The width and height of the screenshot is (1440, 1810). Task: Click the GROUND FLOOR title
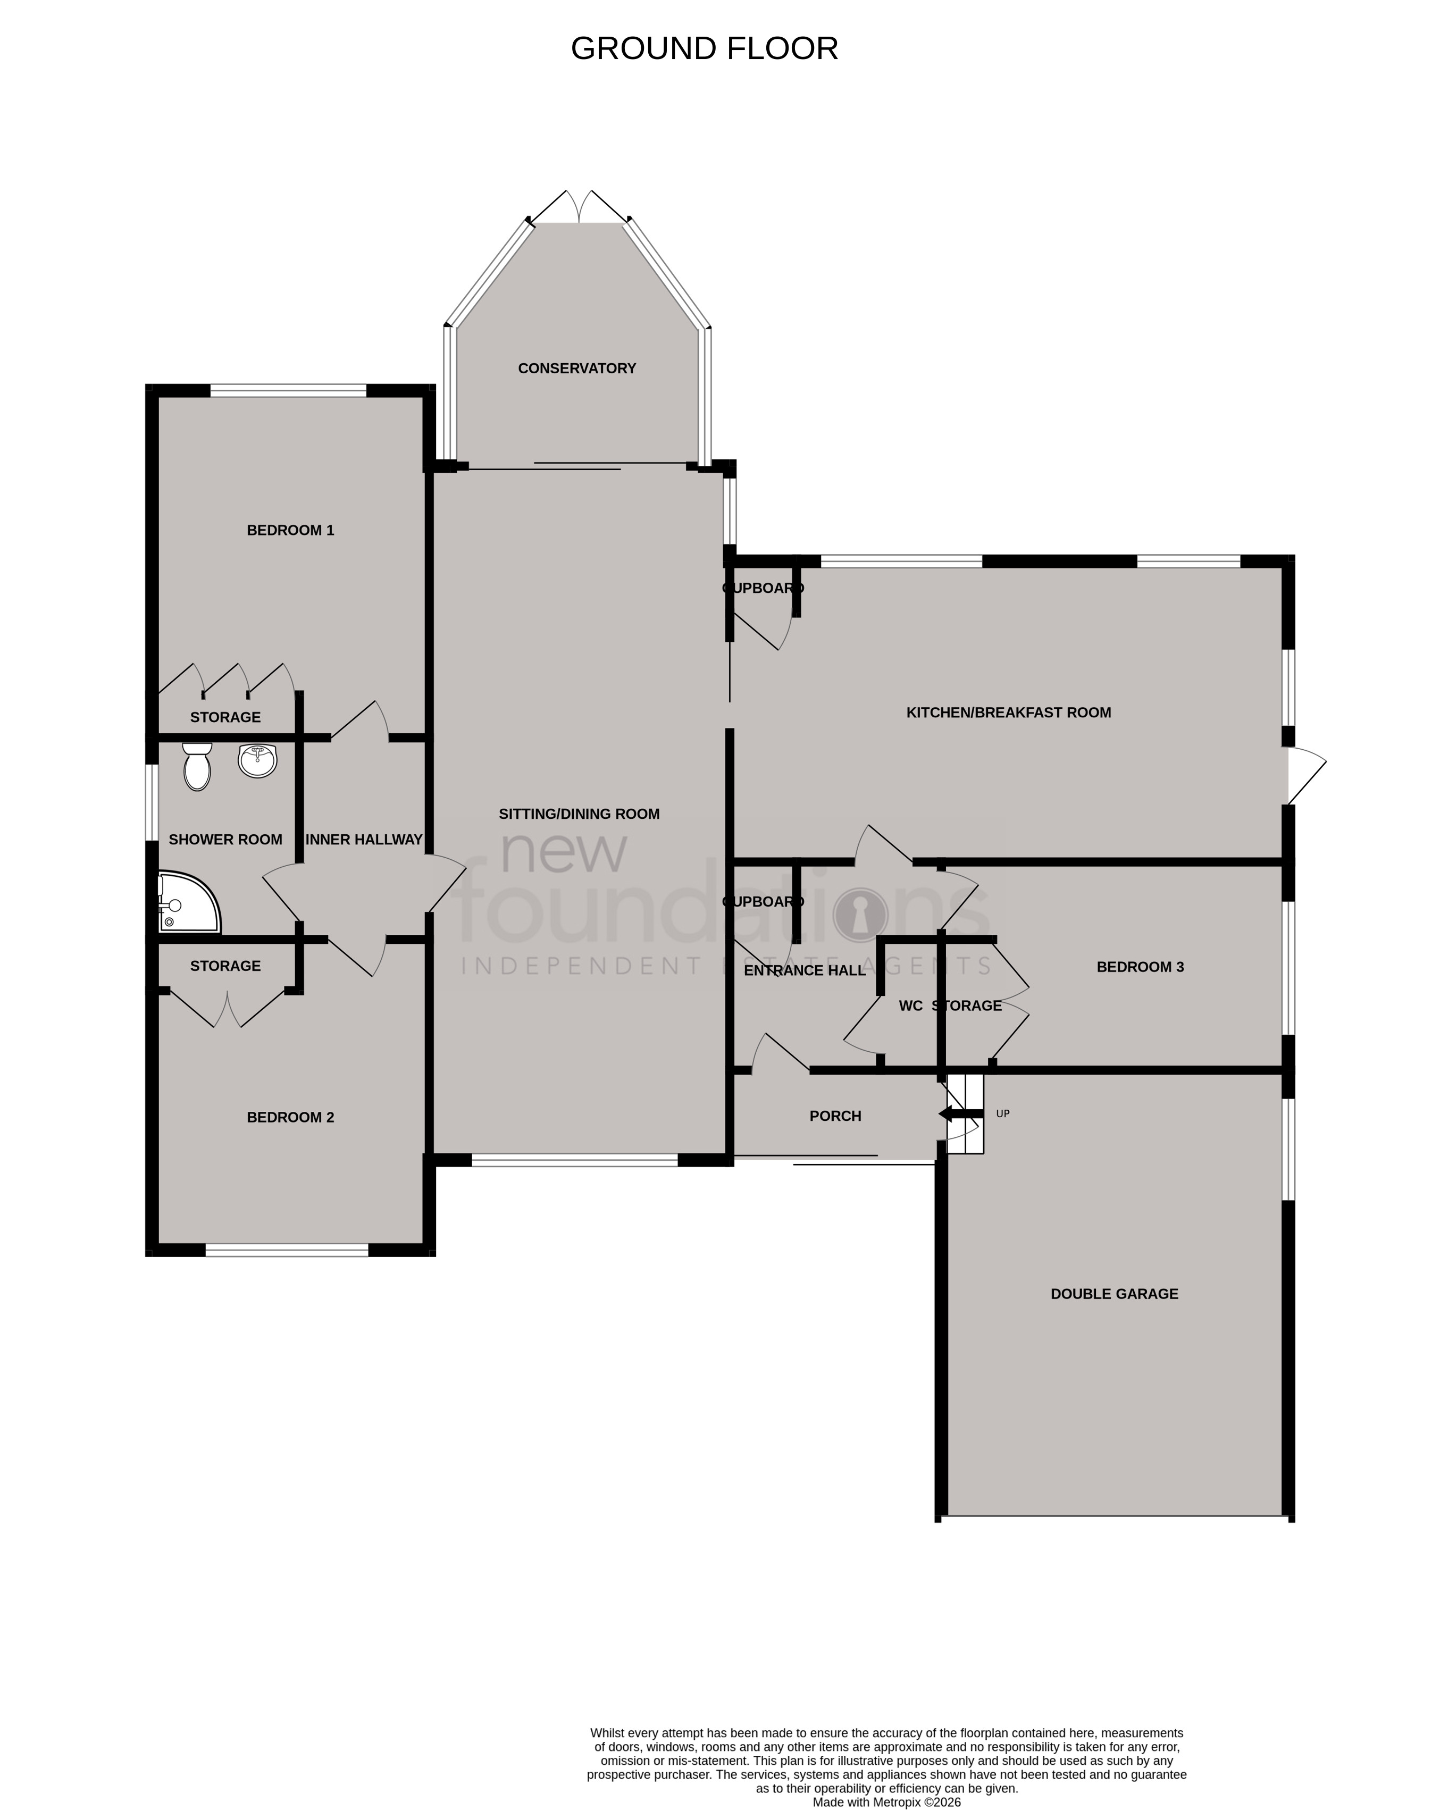click(704, 49)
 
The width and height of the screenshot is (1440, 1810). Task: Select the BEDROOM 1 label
click(290, 531)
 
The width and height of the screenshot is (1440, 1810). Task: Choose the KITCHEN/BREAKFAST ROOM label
click(1008, 713)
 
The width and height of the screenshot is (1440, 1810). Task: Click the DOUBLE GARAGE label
click(1114, 1294)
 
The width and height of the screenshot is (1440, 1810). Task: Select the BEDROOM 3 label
click(1140, 967)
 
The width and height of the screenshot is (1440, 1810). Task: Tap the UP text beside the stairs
click(1002, 1114)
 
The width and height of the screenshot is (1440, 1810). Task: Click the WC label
click(910, 1005)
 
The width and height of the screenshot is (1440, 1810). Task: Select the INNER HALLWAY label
click(364, 840)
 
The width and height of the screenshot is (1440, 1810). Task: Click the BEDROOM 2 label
click(290, 1117)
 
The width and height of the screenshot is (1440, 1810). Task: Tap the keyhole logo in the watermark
click(860, 914)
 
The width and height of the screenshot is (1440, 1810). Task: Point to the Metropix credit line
click(886, 1801)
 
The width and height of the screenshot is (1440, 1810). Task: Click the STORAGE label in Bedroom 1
click(225, 717)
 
